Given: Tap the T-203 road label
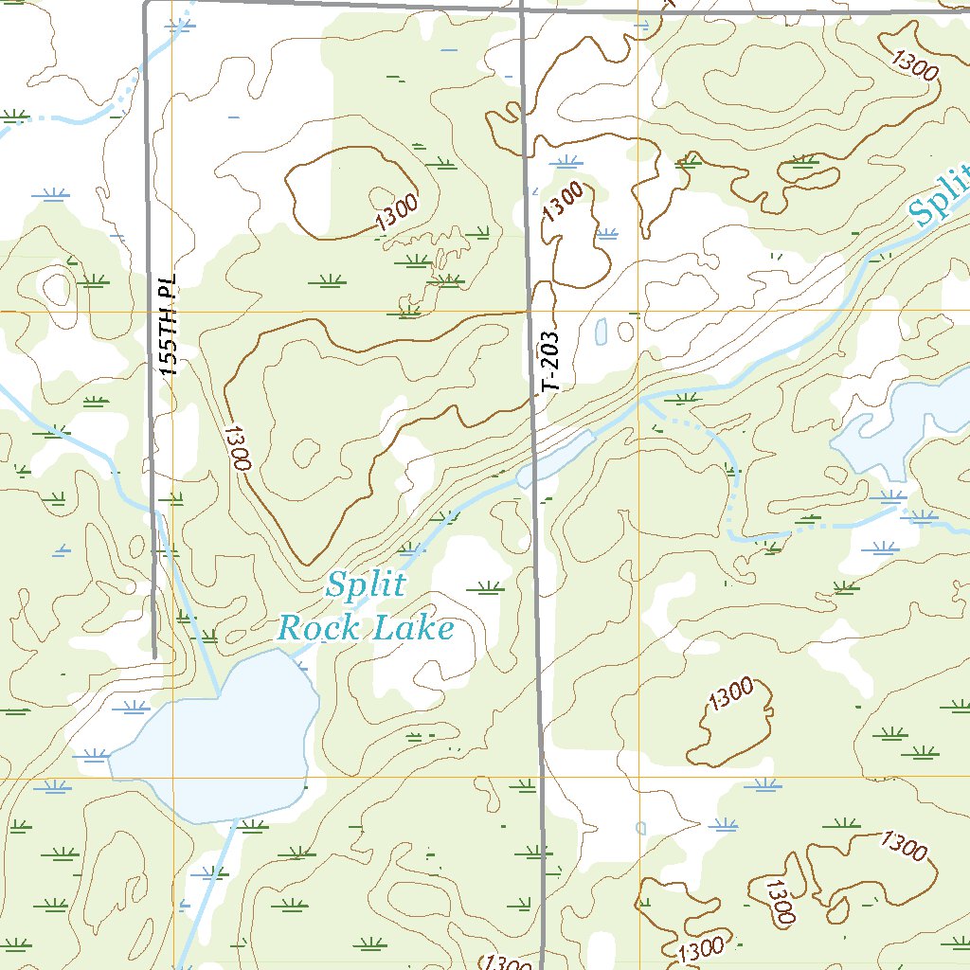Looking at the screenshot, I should (x=551, y=361).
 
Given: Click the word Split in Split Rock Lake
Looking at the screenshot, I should (x=365, y=585).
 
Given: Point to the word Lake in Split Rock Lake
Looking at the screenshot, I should (x=413, y=627).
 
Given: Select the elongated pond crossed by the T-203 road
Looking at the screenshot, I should (x=555, y=458).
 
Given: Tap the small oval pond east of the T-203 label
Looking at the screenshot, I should (x=602, y=332).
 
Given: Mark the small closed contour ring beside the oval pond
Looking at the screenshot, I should (x=625, y=332).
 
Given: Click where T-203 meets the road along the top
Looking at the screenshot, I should (x=522, y=9).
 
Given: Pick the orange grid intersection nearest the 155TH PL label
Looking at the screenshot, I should (x=172, y=311).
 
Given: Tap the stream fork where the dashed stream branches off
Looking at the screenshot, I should (x=641, y=399).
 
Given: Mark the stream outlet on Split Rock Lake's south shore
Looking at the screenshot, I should (x=231, y=820).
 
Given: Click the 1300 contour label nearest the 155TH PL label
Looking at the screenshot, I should (x=238, y=448).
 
